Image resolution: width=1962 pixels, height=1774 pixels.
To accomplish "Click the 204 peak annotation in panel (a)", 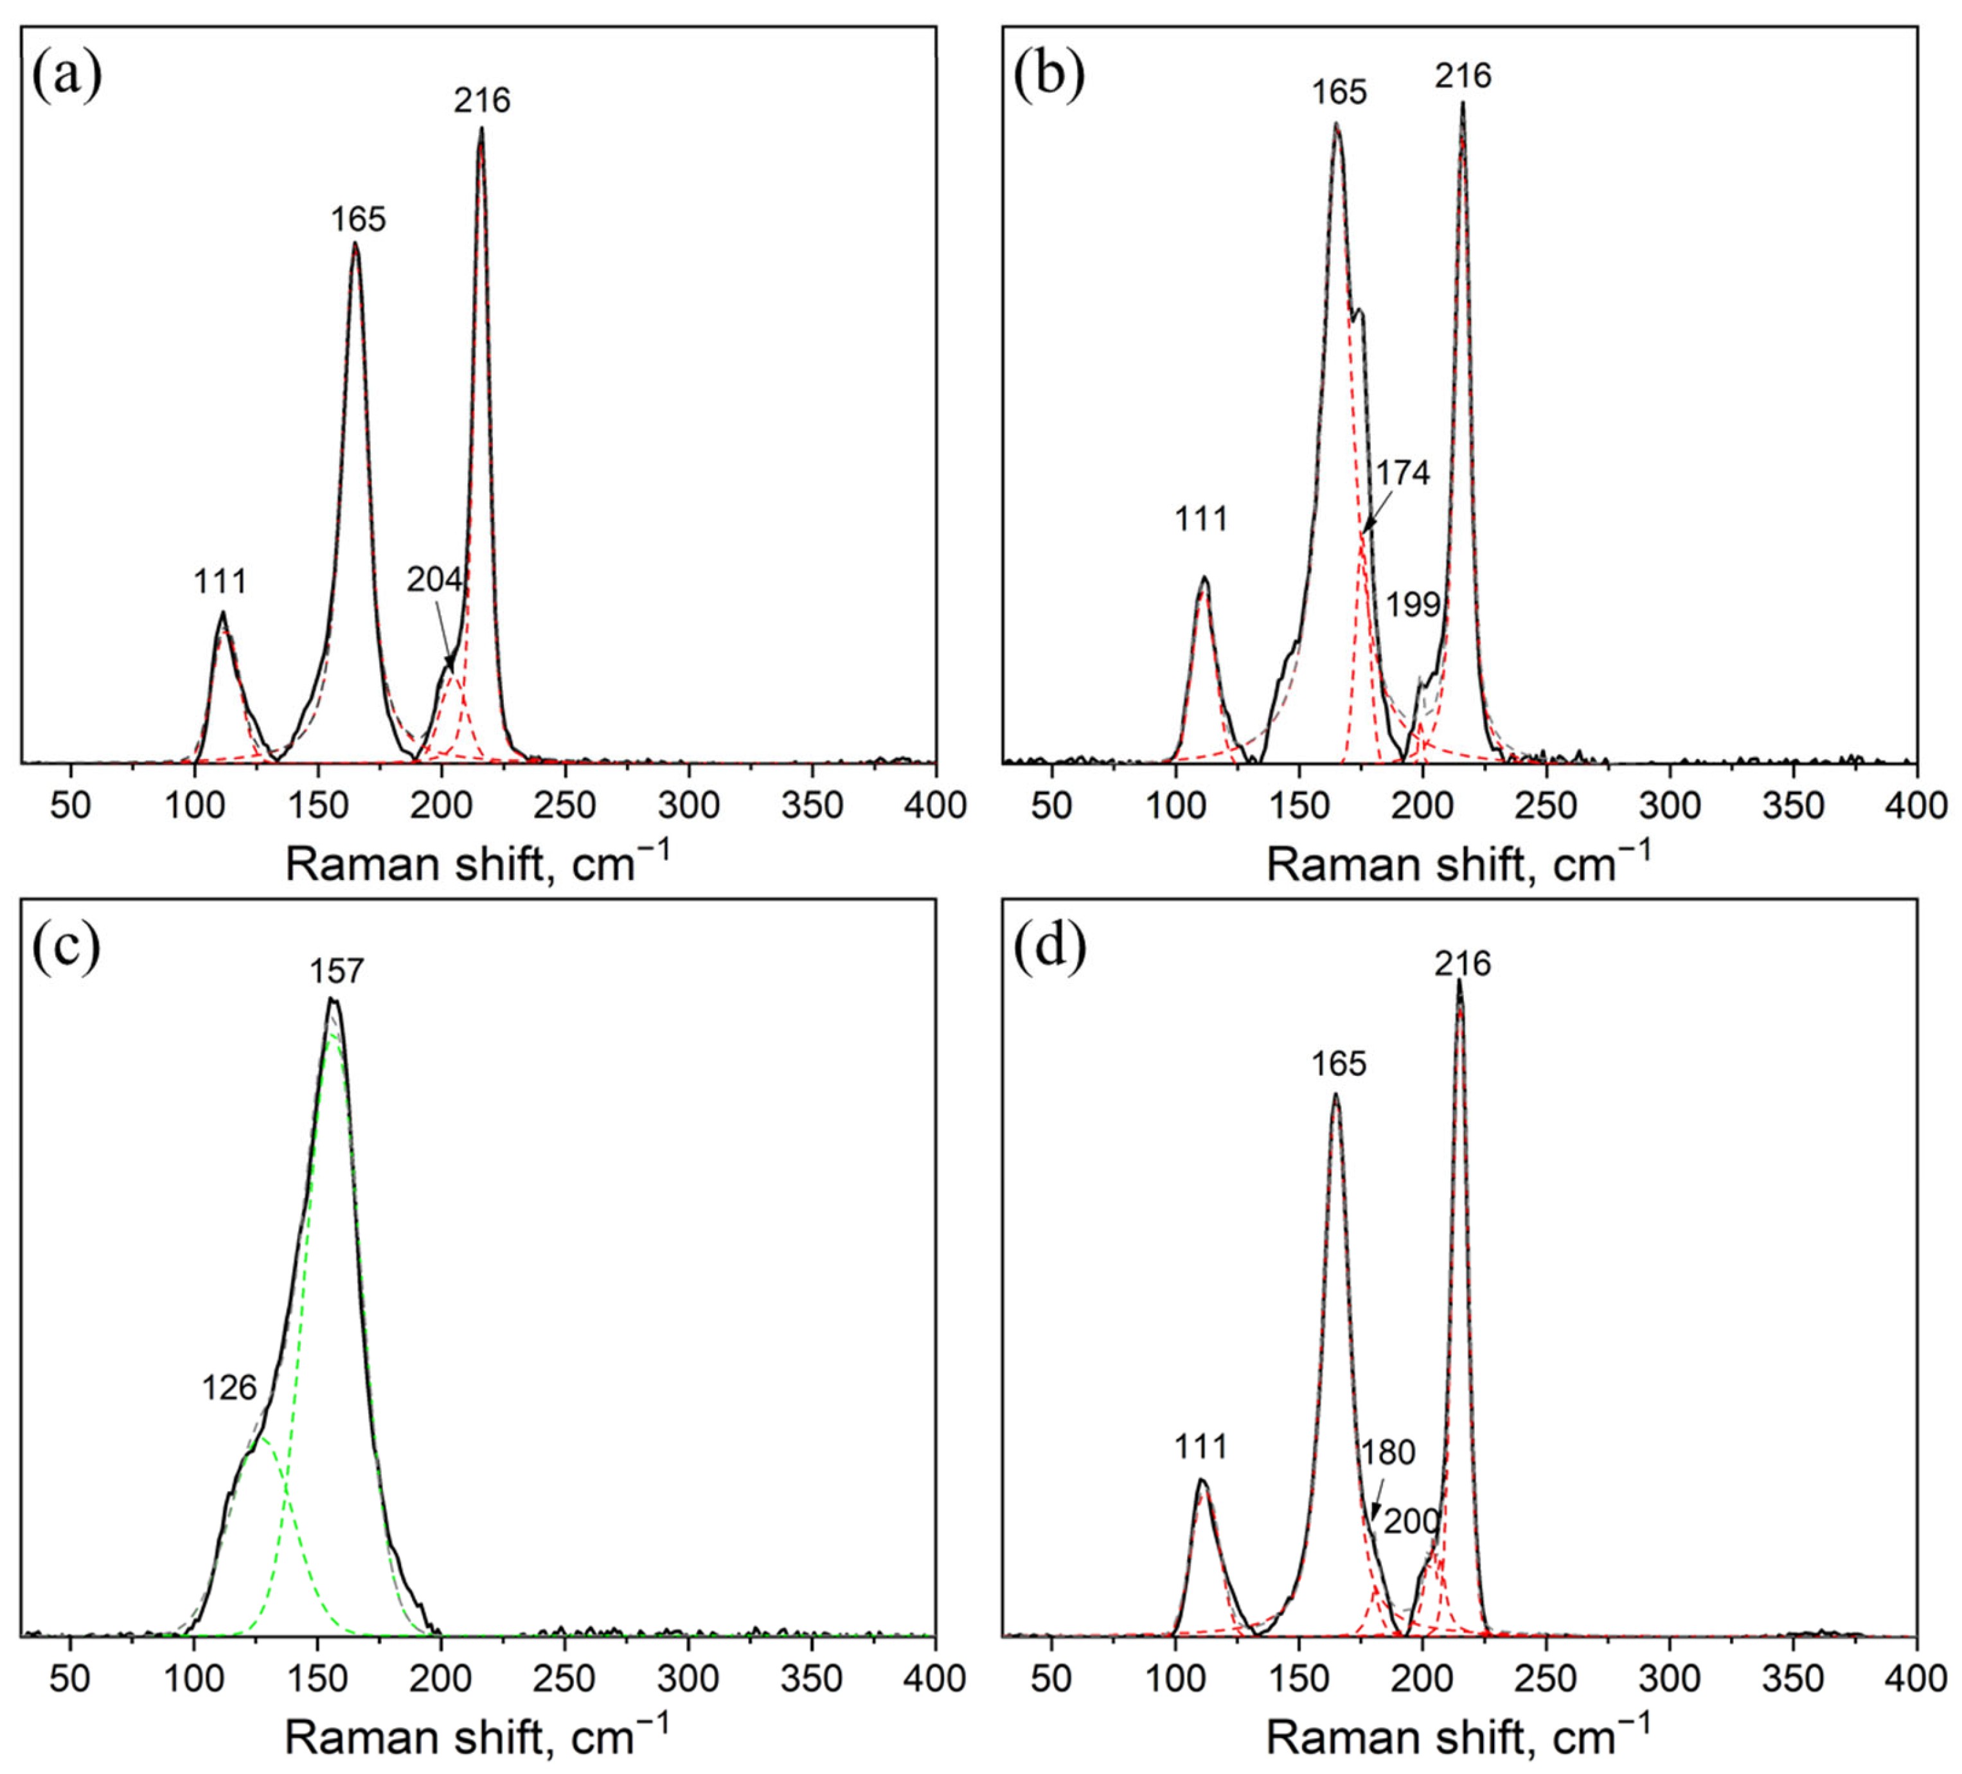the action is point(434,580).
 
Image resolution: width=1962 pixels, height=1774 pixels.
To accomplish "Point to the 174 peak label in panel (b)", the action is point(1402,473).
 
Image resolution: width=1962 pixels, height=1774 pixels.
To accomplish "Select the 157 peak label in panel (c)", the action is point(337,971).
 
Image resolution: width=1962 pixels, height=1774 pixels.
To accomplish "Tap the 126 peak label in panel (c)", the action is point(229,1388).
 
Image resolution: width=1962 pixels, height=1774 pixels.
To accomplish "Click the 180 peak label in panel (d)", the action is point(1388,1453).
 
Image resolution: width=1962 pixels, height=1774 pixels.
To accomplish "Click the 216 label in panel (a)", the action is point(482,100).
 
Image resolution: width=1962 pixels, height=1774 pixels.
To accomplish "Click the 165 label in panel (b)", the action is point(1339,93).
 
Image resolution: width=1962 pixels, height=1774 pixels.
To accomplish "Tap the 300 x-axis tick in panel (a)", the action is point(689,806).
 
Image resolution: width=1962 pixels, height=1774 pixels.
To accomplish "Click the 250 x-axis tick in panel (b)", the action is point(1546,806).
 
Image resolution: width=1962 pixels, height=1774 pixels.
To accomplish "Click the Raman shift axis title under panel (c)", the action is point(477,1737).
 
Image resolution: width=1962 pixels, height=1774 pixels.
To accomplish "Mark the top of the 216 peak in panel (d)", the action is point(1459,981).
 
